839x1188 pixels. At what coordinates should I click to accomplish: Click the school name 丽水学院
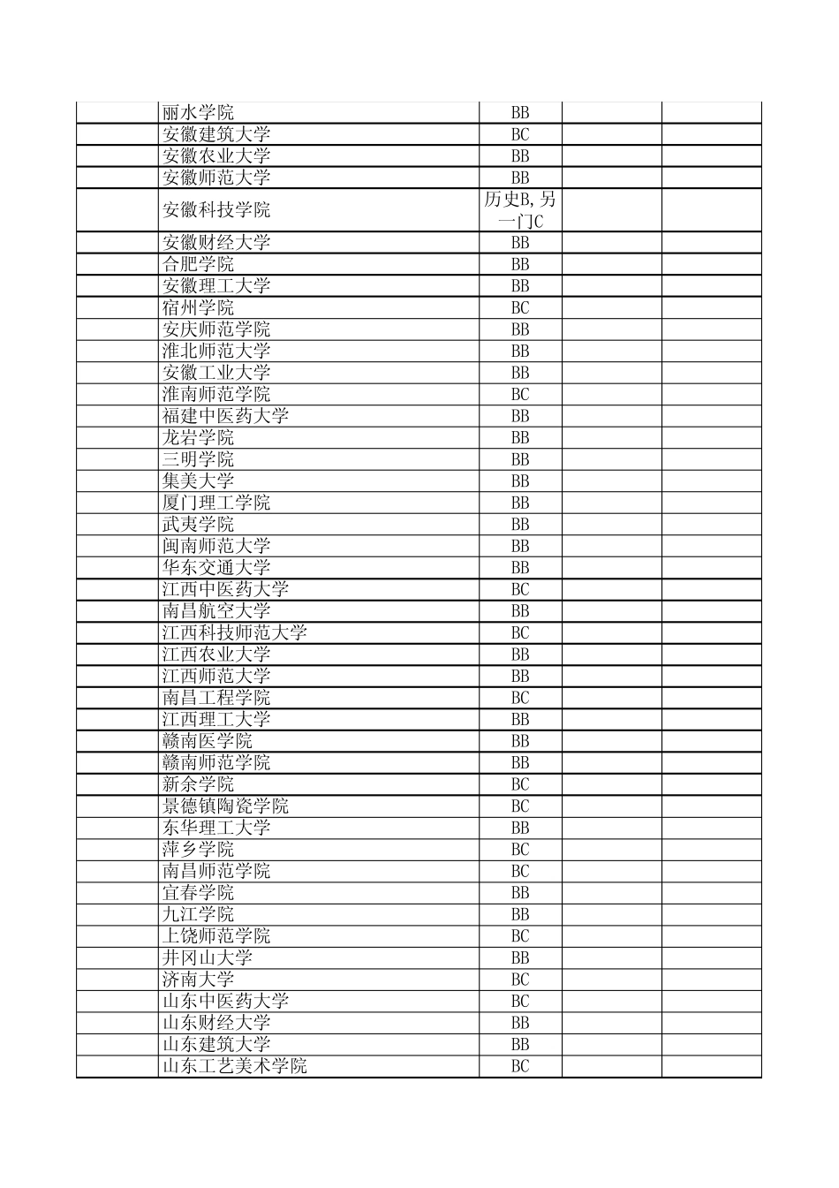198,113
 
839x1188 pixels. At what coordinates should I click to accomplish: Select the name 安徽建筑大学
216,134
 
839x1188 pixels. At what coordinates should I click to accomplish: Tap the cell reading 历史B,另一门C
520,210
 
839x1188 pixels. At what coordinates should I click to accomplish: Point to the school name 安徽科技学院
216,210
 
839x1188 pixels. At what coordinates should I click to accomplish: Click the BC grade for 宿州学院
520,307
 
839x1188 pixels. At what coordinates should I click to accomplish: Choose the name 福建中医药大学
225,416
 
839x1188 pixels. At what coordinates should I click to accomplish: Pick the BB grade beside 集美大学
520,480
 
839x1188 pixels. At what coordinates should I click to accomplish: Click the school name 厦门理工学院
216,503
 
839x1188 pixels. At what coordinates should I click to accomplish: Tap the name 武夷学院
198,524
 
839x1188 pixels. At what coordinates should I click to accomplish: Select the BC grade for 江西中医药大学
520,589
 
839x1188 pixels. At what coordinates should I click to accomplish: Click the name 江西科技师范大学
234,632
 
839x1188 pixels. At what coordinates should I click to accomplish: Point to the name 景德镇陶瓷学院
225,806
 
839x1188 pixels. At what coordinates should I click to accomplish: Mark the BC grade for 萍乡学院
520,849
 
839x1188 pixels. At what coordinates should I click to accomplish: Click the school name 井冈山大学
208,957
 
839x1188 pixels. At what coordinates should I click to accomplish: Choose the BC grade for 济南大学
520,979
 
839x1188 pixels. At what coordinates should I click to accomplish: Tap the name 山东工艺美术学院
234,1065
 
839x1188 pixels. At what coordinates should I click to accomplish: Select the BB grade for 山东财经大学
520,1022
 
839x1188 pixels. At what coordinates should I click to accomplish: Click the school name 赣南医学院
208,741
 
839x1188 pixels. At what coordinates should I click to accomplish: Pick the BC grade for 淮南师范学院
520,394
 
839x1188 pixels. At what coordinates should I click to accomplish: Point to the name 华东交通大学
216,567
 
